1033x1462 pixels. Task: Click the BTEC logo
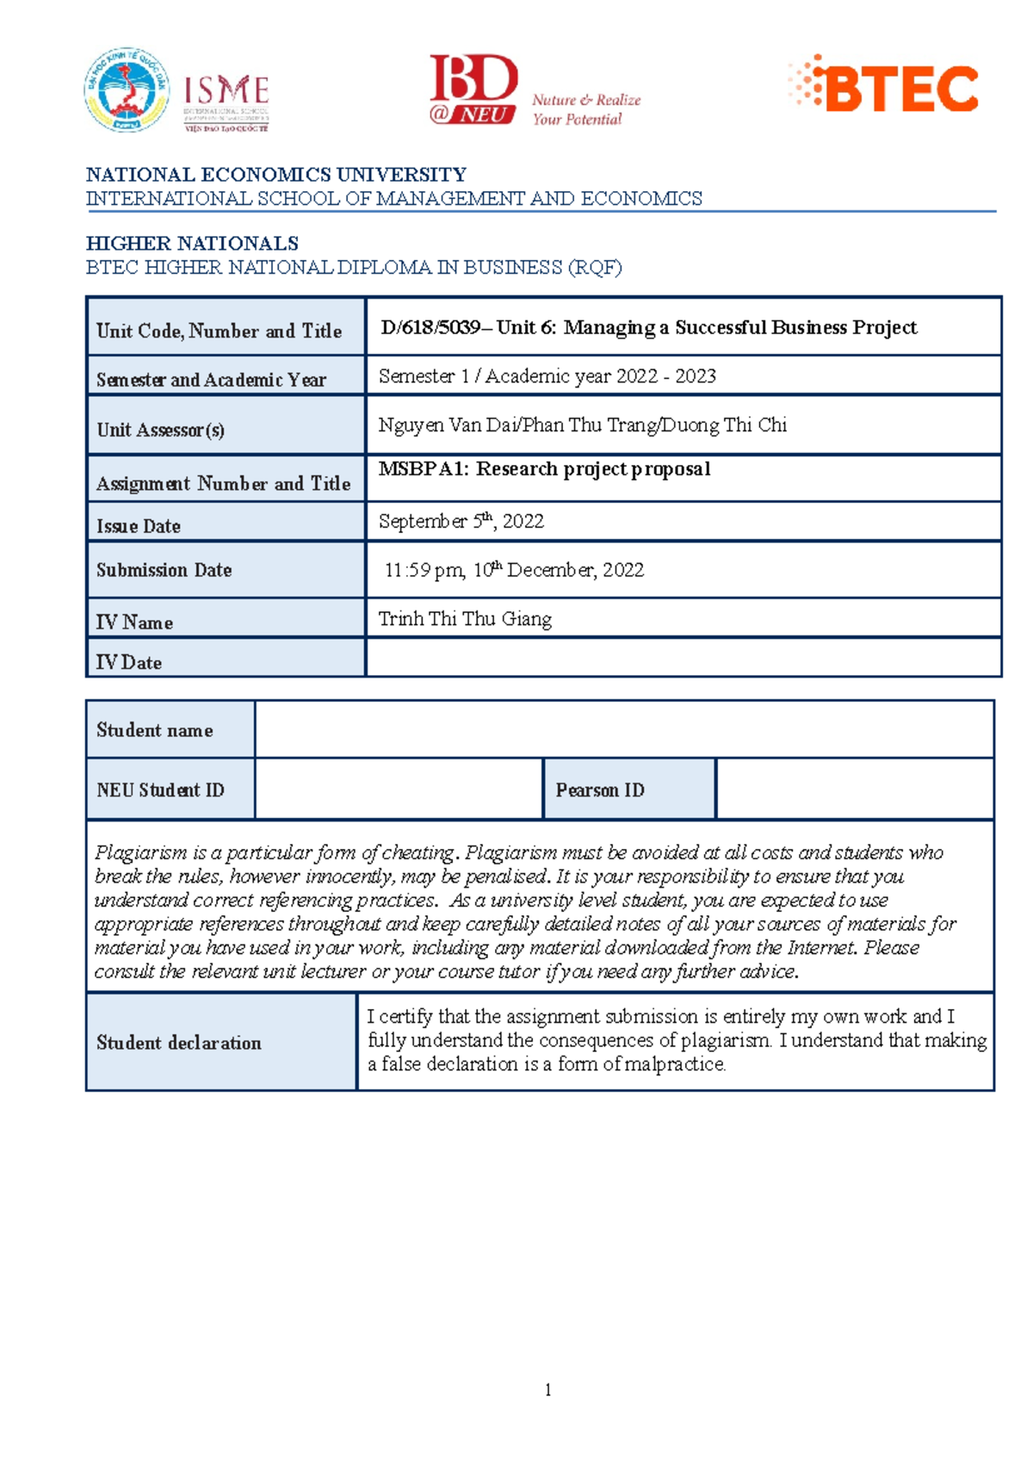click(x=884, y=86)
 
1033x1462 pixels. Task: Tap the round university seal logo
click(x=127, y=90)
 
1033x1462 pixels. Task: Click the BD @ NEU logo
click(x=473, y=90)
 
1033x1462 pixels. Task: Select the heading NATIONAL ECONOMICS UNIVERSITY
click(x=275, y=175)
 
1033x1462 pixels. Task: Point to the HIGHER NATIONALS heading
click(x=192, y=244)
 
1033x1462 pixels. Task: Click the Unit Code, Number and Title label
click(x=219, y=331)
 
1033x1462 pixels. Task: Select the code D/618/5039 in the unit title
click(x=430, y=328)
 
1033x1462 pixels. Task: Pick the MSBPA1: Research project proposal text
click(x=544, y=469)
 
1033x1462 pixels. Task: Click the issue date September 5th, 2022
click(x=461, y=522)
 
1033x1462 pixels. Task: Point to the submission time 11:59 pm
click(x=424, y=570)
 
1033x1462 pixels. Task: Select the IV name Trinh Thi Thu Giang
click(x=465, y=619)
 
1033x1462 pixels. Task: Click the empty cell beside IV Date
click(x=683, y=658)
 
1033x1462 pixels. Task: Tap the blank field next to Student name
click(x=624, y=729)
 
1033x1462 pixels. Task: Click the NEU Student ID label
click(x=161, y=790)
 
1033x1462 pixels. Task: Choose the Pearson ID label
click(x=600, y=790)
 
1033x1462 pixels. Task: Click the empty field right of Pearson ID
click(x=854, y=789)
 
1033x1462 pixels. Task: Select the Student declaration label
click(x=179, y=1043)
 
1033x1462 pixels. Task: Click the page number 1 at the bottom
click(x=547, y=1390)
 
